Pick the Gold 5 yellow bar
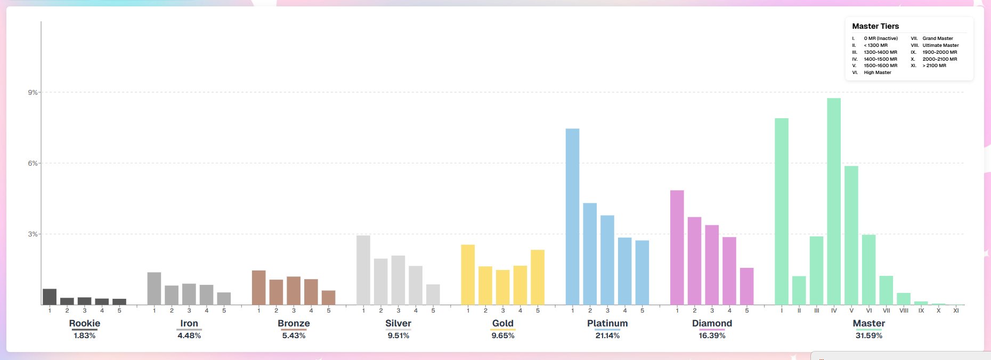click(x=538, y=277)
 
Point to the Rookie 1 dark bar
click(x=50, y=297)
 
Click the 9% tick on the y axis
click(x=33, y=93)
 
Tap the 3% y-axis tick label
click(x=33, y=234)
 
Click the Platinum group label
click(x=607, y=323)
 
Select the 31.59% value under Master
click(x=868, y=336)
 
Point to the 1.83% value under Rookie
click(x=84, y=336)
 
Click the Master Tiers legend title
click(x=875, y=26)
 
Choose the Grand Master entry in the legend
click(x=937, y=38)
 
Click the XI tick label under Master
click(x=956, y=310)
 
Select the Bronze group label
click(x=294, y=323)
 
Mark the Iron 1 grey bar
click(x=154, y=289)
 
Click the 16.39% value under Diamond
click(x=712, y=336)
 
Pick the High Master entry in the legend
click(x=877, y=72)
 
